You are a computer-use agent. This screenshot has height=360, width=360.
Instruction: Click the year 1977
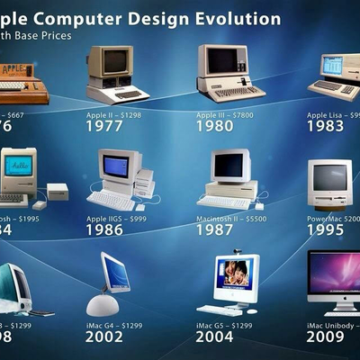click(x=105, y=128)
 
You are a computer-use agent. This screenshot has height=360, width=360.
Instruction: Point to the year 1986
click(x=105, y=231)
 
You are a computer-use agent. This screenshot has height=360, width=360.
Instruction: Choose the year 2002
click(x=105, y=338)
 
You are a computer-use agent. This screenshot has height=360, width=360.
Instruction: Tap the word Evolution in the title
click(x=236, y=18)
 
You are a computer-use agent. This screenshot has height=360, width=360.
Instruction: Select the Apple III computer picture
click(x=230, y=72)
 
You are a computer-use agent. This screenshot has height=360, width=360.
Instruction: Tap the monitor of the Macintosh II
click(x=229, y=166)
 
